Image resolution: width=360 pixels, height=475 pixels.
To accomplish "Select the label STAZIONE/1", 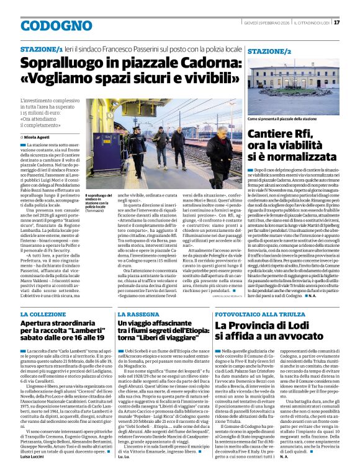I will point(42,48).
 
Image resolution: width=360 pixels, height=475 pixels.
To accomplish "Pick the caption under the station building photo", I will point(282,118).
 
